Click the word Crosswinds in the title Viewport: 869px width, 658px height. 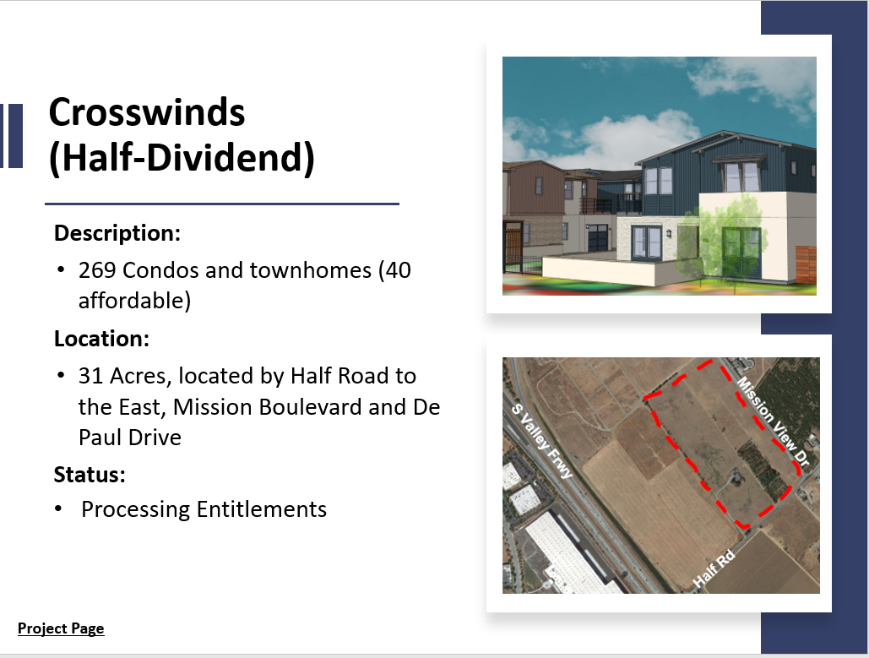tap(146, 112)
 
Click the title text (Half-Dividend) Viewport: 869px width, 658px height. tap(181, 159)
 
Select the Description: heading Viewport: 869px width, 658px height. tap(117, 232)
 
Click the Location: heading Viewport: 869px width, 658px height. tap(101, 339)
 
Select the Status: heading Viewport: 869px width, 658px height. tap(90, 474)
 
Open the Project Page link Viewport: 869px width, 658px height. tap(61, 628)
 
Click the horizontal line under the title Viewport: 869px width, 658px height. tap(221, 204)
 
